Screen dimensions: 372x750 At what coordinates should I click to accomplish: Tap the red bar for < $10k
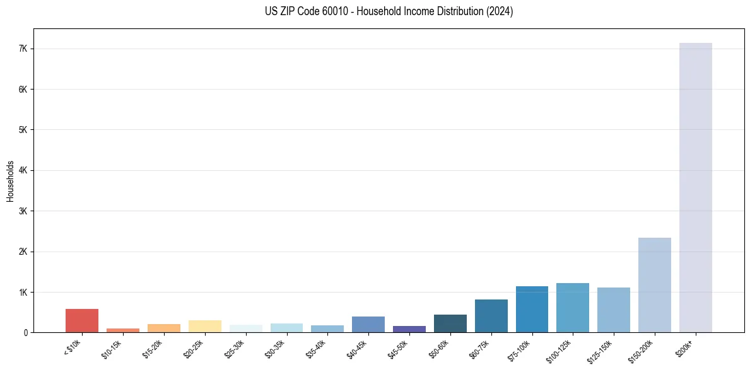tap(82, 320)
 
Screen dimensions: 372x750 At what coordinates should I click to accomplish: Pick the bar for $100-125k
tap(573, 308)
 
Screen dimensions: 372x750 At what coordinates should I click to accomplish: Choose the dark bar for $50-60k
tap(450, 323)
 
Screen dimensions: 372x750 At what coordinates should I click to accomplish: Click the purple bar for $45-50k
tap(409, 329)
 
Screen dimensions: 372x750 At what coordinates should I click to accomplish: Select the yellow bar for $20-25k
tap(204, 326)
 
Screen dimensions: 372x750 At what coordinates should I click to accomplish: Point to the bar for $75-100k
tap(532, 309)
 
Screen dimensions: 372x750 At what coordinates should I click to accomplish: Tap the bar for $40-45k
tap(368, 324)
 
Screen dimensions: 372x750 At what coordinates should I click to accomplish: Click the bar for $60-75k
tap(491, 316)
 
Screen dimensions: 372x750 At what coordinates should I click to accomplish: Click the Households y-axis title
tap(10, 181)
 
